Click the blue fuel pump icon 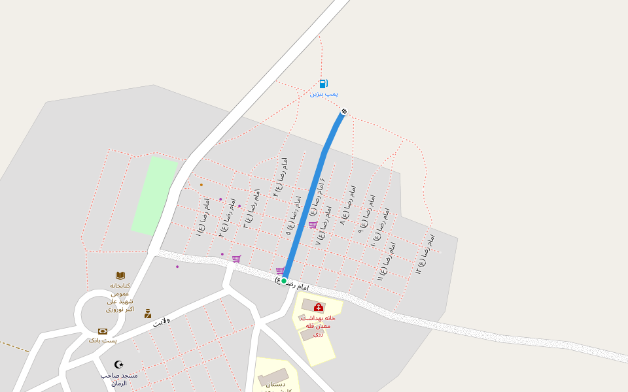click(x=323, y=84)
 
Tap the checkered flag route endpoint click(x=344, y=111)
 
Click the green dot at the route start click(x=284, y=281)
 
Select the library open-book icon click(x=120, y=276)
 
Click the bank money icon click(x=103, y=332)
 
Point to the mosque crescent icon click(x=118, y=364)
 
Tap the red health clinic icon click(x=319, y=307)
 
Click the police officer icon click(x=148, y=314)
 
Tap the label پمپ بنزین click(x=324, y=94)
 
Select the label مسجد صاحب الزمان click(x=119, y=379)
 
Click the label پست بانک click(x=103, y=340)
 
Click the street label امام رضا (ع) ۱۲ click(x=425, y=252)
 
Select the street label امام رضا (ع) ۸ click(x=347, y=205)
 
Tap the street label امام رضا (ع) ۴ click(x=280, y=177)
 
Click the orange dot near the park click(x=201, y=185)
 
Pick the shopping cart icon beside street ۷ click(x=313, y=225)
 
